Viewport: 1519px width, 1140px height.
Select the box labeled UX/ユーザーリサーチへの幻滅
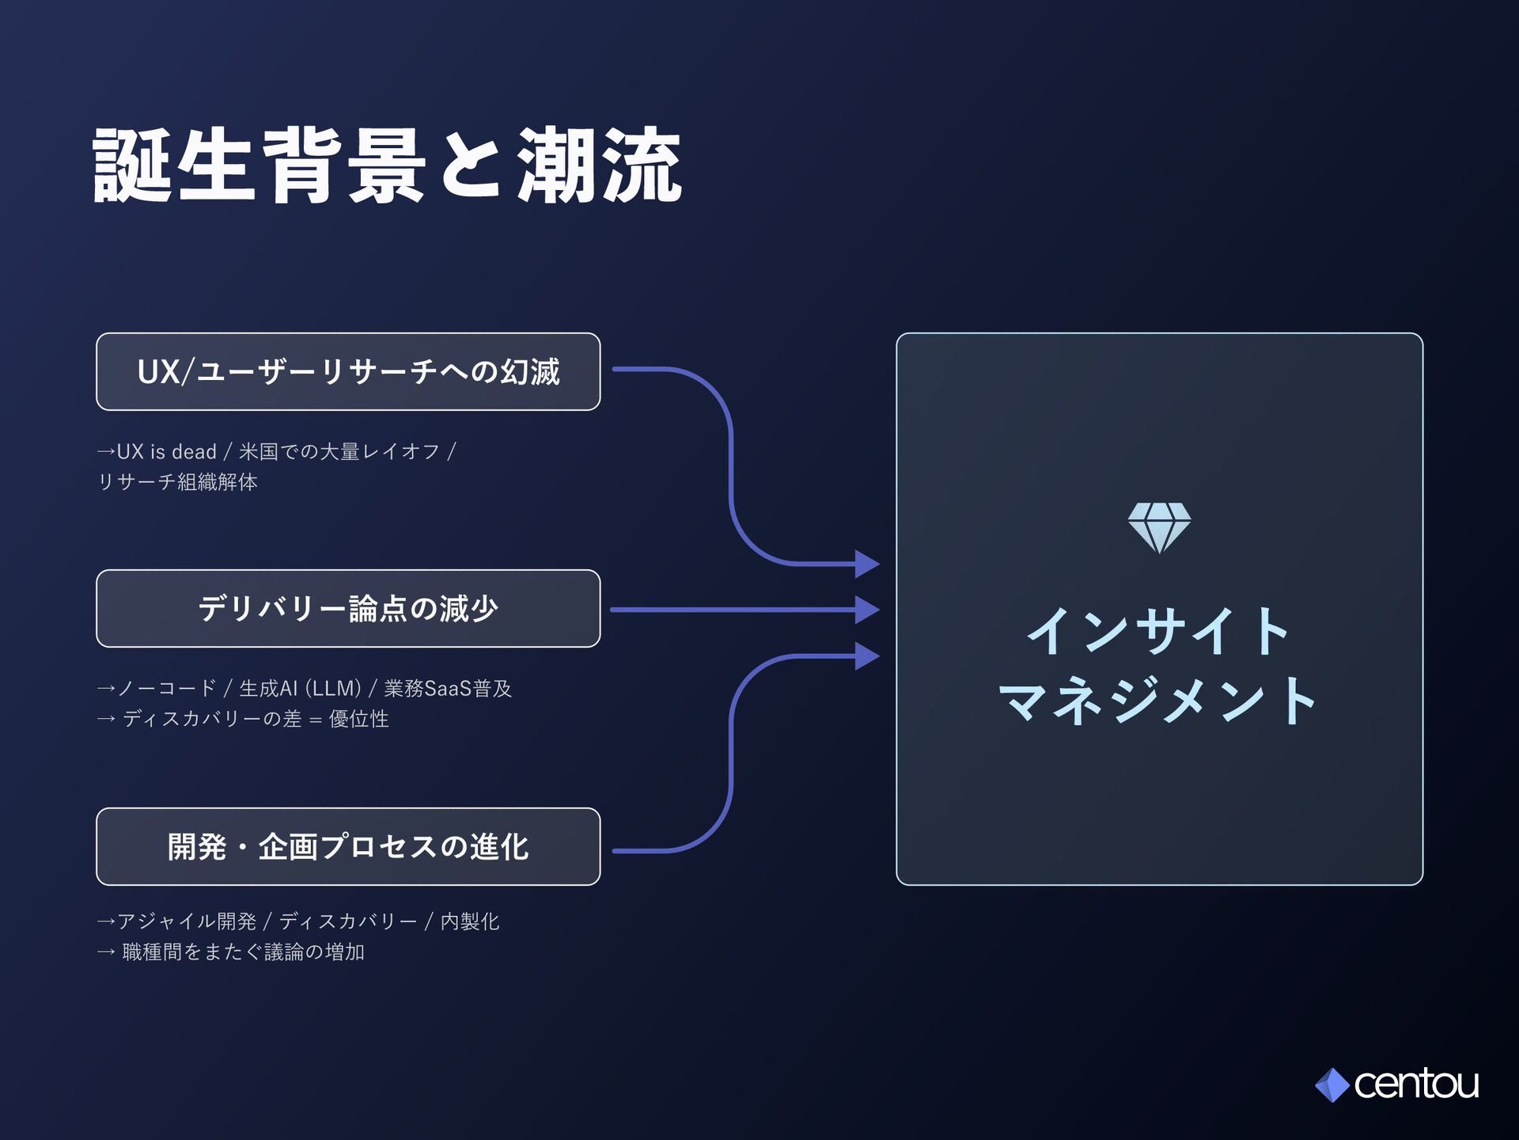pos(348,371)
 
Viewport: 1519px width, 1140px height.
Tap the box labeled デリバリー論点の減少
pos(348,608)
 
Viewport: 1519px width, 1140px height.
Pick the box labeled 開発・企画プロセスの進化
pos(348,846)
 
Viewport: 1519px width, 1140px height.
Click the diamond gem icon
pos(1159,527)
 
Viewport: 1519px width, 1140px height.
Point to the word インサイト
pos(1159,631)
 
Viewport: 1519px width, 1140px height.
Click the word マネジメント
pos(1159,700)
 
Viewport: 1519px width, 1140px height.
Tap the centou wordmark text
pos(1416,1084)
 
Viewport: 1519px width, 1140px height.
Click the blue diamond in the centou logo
pos(1332,1085)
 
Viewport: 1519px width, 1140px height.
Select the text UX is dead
pos(166,452)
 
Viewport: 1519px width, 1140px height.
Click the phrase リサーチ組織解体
pos(177,482)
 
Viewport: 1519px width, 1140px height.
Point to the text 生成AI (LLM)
pos(301,689)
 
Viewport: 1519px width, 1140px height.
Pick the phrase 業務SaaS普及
pos(448,689)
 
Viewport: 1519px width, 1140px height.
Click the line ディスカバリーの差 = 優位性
pos(255,719)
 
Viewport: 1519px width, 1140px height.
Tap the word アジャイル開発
pos(187,921)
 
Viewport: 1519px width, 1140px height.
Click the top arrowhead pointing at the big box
pos(867,564)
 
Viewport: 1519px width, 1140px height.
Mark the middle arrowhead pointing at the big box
pos(867,610)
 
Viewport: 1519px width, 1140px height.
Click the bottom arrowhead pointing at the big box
pos(867,656)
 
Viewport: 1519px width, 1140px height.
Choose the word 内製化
pos(470,921)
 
